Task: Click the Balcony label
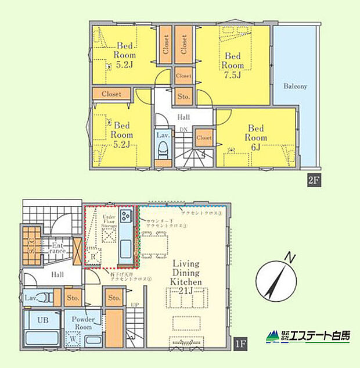point(295,86)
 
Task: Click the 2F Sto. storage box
point(184,97)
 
